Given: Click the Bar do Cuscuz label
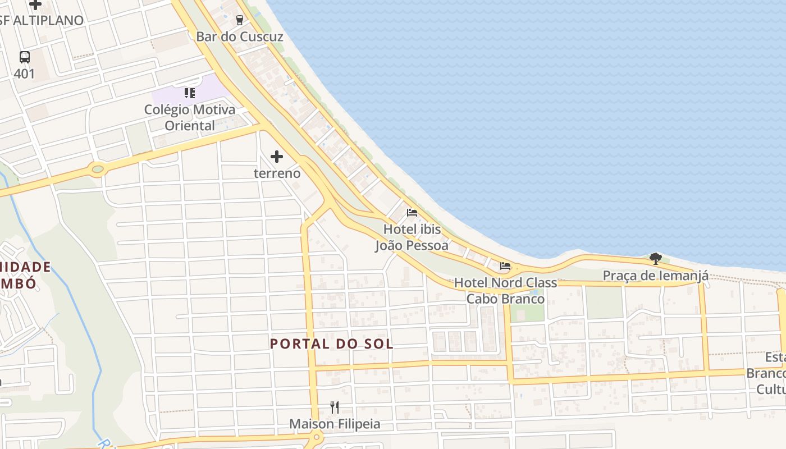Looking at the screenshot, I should point(239,36).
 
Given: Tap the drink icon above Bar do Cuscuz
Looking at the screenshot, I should point(240,20).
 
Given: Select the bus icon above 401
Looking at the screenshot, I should point(24,57).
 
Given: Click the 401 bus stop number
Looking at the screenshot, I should point(24,74).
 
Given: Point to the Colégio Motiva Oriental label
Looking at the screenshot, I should point(190,117).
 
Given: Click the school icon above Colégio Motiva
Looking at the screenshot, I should point(190,93).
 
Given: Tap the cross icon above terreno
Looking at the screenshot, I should point(277,157).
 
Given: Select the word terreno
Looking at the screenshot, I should point(277,173).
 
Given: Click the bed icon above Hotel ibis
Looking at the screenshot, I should point(412,213).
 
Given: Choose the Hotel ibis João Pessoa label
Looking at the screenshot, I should point(412,237).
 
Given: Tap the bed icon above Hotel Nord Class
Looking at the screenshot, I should point(505,266).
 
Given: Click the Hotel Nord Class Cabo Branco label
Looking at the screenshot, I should point(505,291).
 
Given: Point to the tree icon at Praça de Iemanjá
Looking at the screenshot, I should point(655,259).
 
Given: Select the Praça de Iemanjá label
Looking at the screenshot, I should point(655,276).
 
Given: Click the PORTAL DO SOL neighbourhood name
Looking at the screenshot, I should point(331,343).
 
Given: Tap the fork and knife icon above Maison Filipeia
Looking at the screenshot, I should point(335,407).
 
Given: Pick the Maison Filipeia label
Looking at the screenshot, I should point(335,424).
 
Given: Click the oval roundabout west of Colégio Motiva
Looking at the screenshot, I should point(98,168).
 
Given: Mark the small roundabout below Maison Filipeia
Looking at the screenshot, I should point(317,437).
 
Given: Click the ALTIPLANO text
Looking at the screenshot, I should point(48,20).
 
